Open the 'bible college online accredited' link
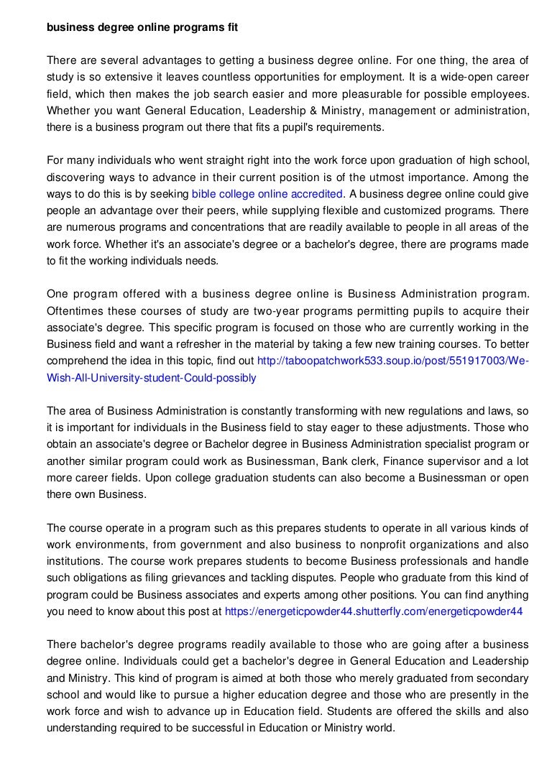pyautogui.click(x=267, y=194)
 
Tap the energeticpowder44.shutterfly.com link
pyautogui.click(x=374, y=611)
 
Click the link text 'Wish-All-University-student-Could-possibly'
pyautogui.click(x=151, y=377)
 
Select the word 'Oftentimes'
pyautogui.click(x=75, y=311)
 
